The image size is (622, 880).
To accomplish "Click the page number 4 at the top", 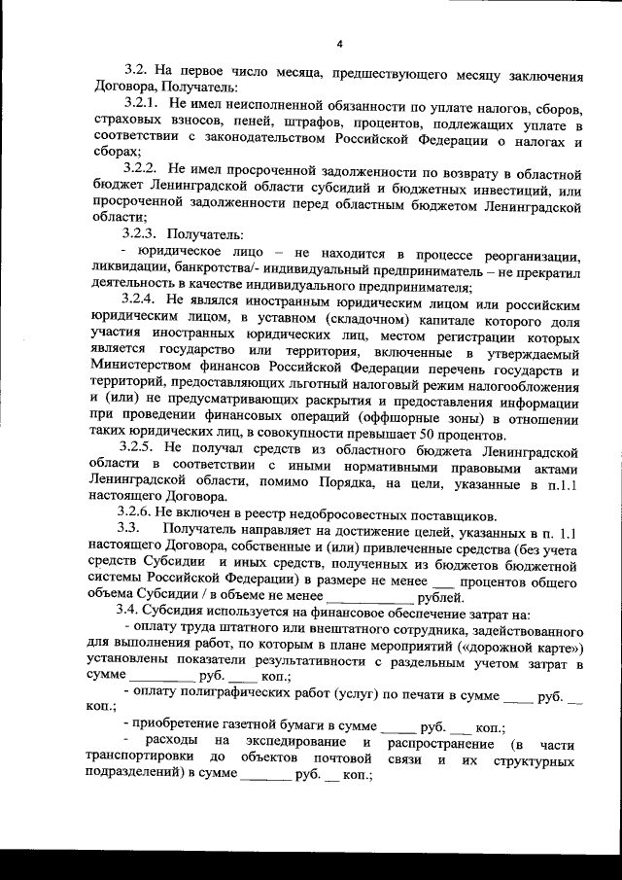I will coord(340,43).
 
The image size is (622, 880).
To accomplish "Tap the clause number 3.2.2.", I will coord(143,170).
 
